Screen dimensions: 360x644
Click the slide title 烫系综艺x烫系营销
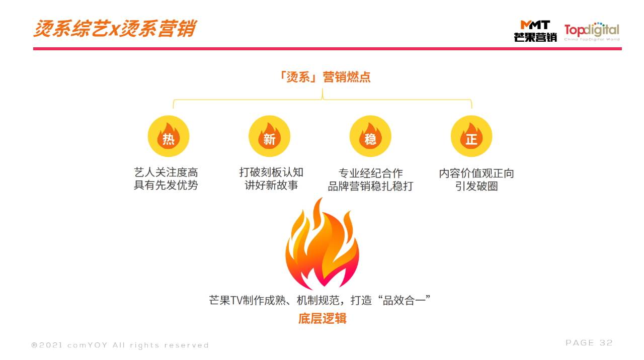click(115, 29)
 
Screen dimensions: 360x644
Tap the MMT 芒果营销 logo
click(535, 31)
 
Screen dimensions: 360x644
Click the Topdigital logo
click(592, 31)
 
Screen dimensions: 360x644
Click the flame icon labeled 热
click(169, 136)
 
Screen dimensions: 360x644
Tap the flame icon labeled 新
click(269, 136)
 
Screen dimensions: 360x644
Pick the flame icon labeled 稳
click(370, 136)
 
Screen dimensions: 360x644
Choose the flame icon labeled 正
click(471, 136)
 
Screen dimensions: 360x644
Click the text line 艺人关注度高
click(166, 172)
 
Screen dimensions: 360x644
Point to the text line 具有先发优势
click(166, 186)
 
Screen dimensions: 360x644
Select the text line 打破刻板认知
click(272, 172)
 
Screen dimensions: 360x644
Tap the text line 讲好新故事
click(272, 186)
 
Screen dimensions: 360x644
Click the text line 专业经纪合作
click(371, 173)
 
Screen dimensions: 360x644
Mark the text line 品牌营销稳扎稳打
click(371, 187)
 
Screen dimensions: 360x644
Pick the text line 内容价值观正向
click(476, 173)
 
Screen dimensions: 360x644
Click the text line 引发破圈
click(476, 187)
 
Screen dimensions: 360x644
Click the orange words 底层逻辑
click(323, 319)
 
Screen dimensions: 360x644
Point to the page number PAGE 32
click(589, 343)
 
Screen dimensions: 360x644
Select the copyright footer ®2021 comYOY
click(120, 345)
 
